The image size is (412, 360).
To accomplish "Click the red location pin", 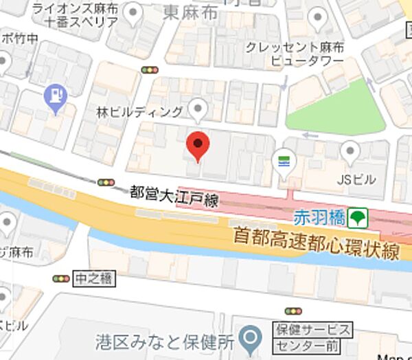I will point(198,145).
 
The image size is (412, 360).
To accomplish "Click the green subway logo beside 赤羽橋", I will point(357,218).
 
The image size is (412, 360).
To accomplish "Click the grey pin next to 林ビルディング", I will point(198,108).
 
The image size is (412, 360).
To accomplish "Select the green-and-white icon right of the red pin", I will point(283,161).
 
